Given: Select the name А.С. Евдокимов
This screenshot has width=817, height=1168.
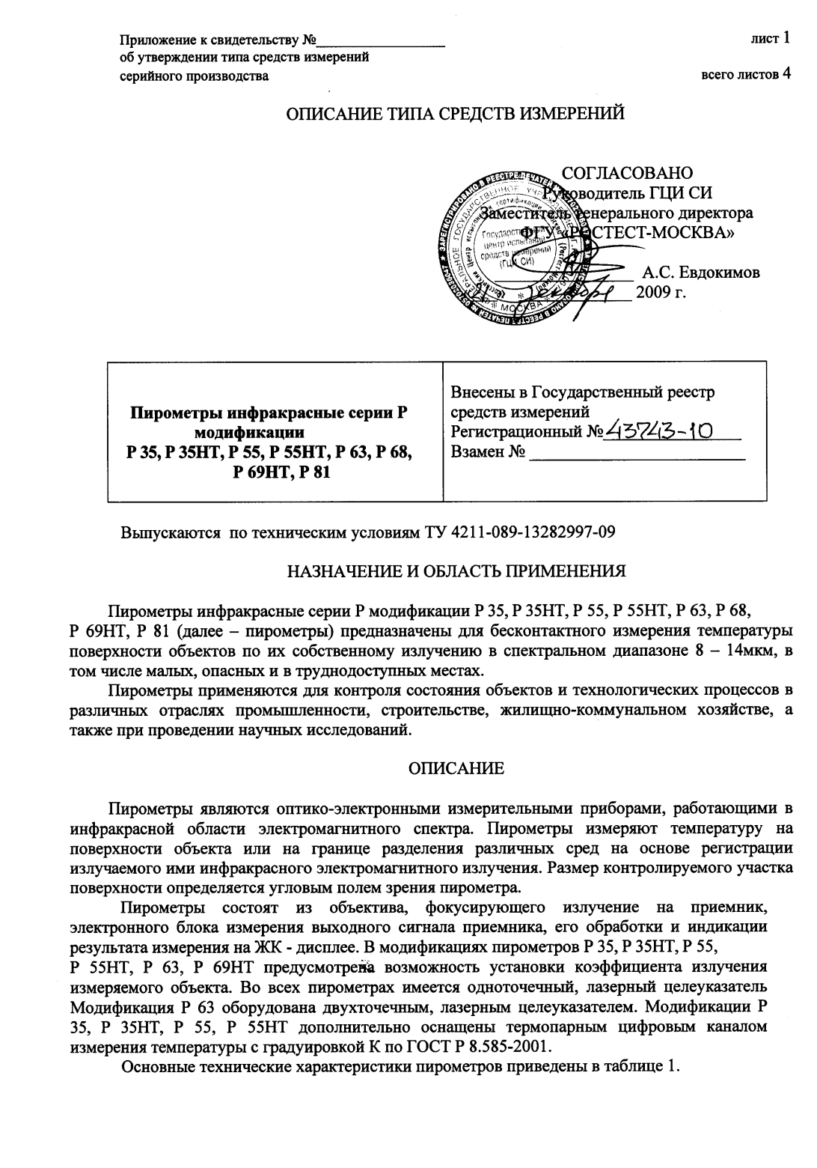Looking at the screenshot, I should tap(701, 273).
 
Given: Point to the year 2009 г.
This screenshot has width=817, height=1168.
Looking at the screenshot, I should tap(661, 293).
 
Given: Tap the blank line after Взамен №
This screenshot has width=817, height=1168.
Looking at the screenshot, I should tap(637, 453).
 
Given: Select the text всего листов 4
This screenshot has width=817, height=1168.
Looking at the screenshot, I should tap(745, 74).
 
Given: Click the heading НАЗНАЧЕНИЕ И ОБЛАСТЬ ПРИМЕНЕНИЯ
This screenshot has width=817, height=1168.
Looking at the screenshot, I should tap(456, 573).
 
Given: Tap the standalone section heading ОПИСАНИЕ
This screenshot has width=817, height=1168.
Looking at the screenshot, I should tap(456, 769).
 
